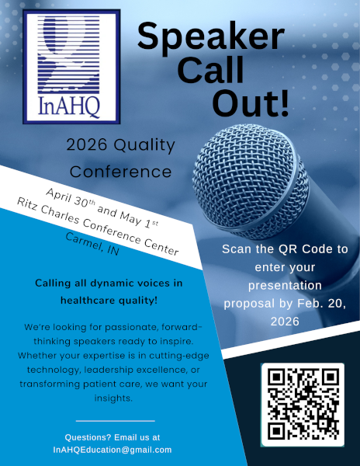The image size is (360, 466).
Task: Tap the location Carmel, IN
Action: [92, 246]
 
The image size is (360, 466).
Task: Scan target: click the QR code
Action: [302, 403]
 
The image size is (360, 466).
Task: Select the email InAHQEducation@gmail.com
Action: [112, 450]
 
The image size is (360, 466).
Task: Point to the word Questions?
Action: [88, 437]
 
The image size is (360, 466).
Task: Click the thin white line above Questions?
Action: [111, 420]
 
